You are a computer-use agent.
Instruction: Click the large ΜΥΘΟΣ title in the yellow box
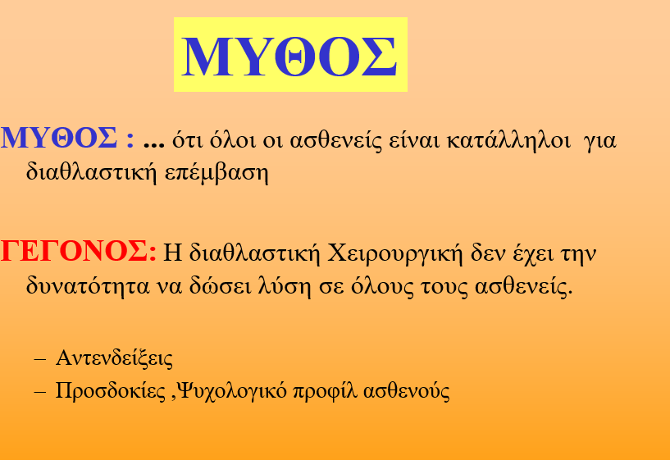pyautogui.click(x=289, y=56)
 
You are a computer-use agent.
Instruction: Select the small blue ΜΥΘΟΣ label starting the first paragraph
pyautogui.click(x=59, y=138)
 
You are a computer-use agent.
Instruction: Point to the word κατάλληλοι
pyautogui.click(x=508, y=139)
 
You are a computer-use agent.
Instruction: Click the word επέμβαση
pyautogui.click(x=216, y=172)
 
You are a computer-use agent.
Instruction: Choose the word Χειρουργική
pyautogui.click(x=395, y=253)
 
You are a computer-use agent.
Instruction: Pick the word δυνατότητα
pyautogui.click(x=88, y=286)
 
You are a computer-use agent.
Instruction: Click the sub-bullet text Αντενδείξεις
pyautogui.click(x=114, y=358)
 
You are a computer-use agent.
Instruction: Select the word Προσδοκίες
pyautogui.click(x=110, y=390)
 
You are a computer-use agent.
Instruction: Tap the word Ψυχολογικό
pyautogui.click(x=231, y=391)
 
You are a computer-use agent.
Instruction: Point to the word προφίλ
pyautogui.click(x=325, y=391)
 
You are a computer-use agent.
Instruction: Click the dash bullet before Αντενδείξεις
pyautogui.click(x=39, y=360)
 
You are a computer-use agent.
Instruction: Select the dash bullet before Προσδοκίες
pyautogui.click(x=39, y=392)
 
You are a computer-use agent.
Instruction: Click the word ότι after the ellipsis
pyautogui.click(x=187, y=139)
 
